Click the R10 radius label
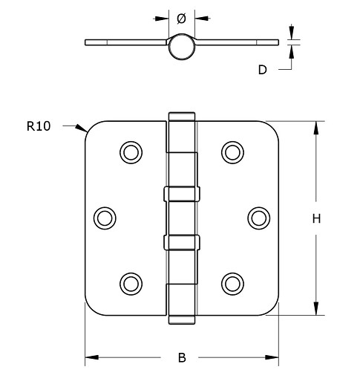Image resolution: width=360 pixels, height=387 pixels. tap(38, 127)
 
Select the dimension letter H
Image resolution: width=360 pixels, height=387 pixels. tap(315, 218)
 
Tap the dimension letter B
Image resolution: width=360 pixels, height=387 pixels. tap(182, 358)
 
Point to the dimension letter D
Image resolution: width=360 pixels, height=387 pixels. tap(262, 70)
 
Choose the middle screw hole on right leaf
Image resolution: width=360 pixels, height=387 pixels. tap(258, 217)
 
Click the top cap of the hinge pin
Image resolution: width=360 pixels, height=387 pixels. tap(182, 117)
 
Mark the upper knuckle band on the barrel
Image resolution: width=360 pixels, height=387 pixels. tap(181, 194)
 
